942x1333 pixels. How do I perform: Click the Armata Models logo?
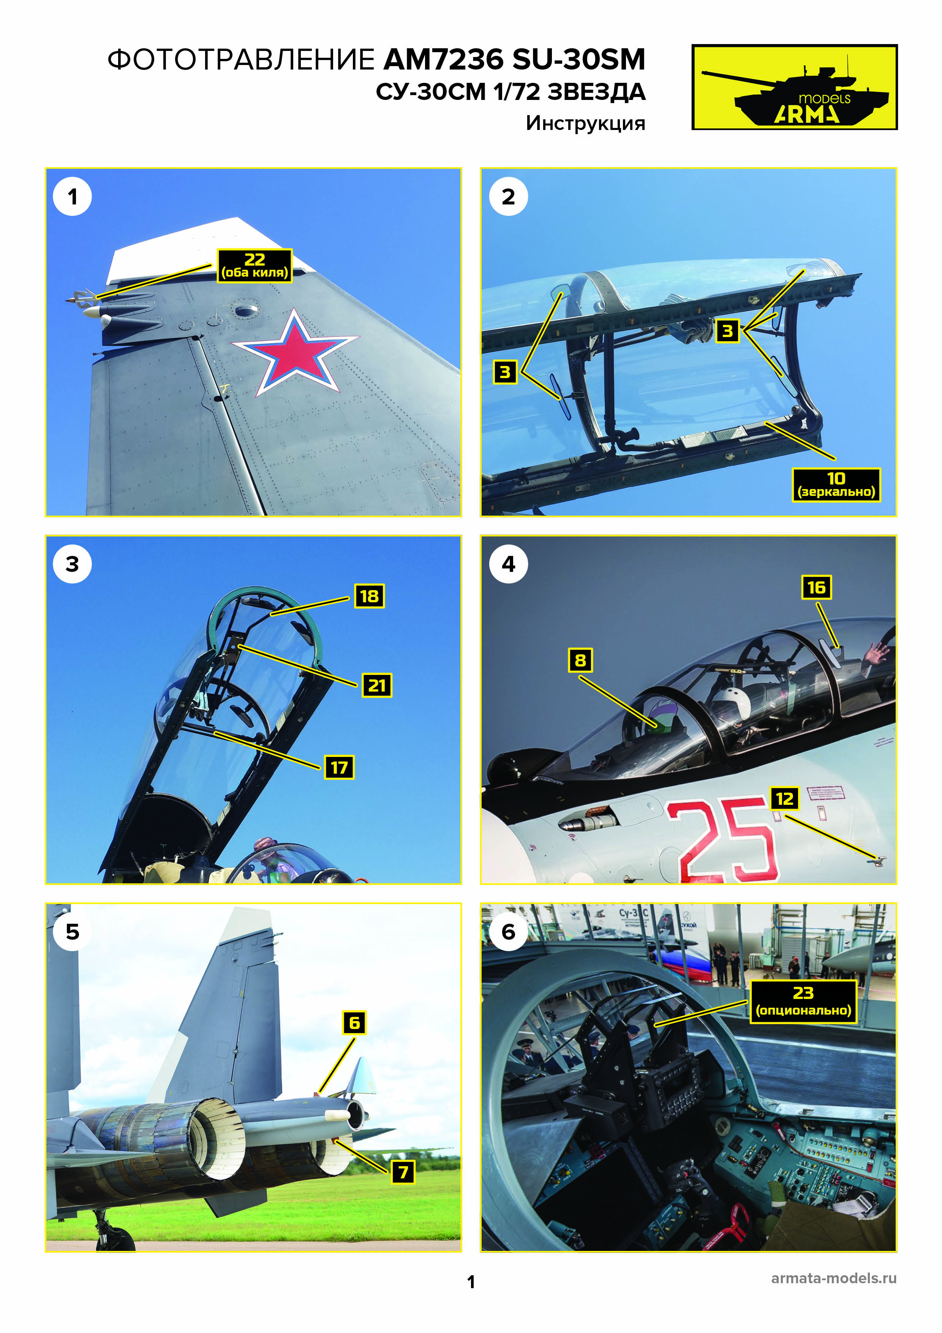[x=794, y=87]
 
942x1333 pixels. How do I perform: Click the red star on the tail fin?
[x=295, y=352]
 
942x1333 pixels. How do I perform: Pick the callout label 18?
[x=369, y=596]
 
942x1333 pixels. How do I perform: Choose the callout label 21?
[x=377, y=685]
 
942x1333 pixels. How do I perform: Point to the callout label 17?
[x=339, y=768]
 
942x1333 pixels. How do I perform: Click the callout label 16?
[x=816, y=587]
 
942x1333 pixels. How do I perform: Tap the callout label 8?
[x=580, y=660]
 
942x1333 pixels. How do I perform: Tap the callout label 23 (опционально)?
[x=803, y=1002]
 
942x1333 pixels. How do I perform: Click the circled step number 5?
[x=73, y=932]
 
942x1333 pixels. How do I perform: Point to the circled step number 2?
[x=509, y=197]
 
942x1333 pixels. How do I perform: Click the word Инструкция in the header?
[x=586, y=123]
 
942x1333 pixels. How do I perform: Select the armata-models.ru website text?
[x=833, y=1278]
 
